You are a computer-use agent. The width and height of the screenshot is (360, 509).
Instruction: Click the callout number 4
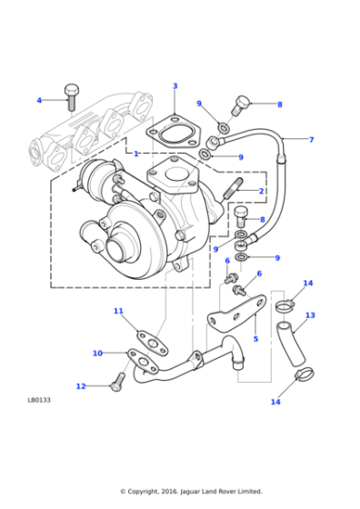[39, 100]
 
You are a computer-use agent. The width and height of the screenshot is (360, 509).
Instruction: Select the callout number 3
[175, 86]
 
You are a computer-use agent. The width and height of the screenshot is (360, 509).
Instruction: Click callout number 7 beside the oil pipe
[311, 140]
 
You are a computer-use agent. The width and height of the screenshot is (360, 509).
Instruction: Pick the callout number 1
[136, 154]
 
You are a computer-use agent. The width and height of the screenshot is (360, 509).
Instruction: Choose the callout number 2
[261, 191]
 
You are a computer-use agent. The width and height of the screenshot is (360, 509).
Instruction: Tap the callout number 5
[255, 339]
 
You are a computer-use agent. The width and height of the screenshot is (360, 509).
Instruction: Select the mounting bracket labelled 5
[233, 318]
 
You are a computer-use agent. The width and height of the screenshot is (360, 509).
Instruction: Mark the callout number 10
[97, 353]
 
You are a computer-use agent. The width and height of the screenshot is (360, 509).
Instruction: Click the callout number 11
[118, 311]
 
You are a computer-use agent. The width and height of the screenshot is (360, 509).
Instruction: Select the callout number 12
[80, 386]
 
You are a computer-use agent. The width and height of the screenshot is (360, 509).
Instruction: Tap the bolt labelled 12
[115, 383]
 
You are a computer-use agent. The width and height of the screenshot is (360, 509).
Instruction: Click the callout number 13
[310, 315]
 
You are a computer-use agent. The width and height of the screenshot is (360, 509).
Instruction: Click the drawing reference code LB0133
[40, 399]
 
